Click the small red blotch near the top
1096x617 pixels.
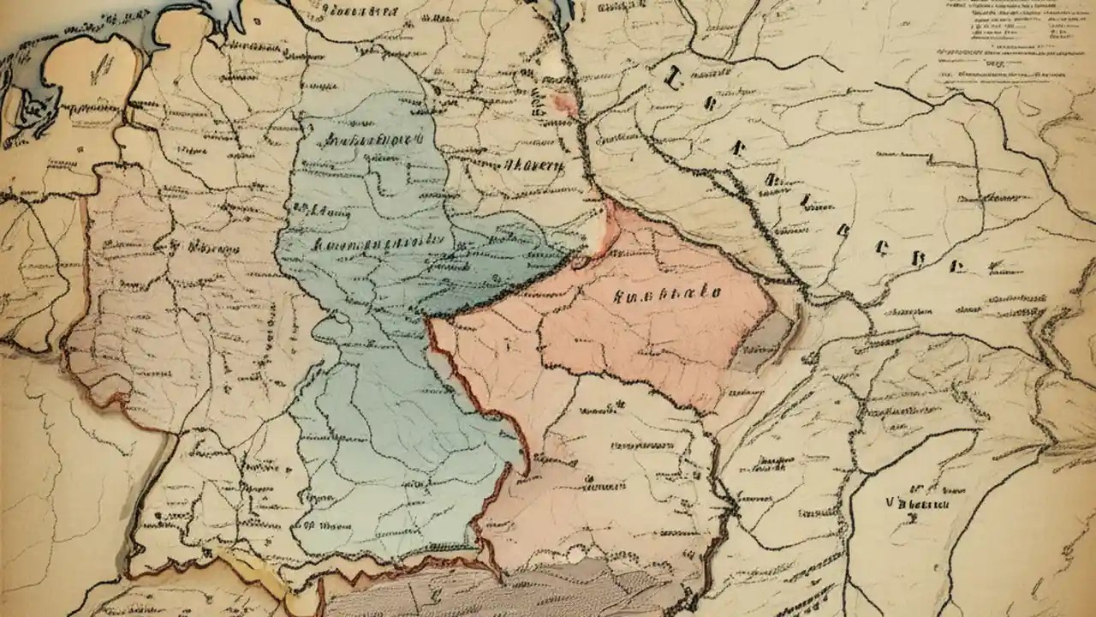click(565, 104)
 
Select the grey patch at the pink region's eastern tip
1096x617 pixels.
click(766, 338)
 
